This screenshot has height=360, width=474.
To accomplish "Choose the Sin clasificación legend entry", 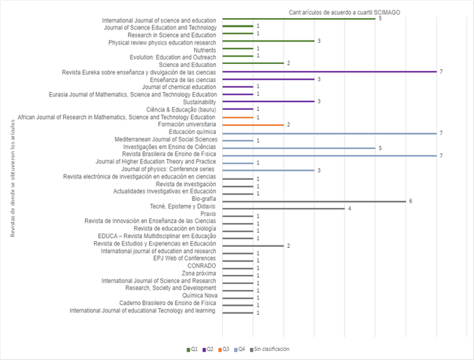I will tap(270, 349).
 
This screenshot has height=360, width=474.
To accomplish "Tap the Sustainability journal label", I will tap(198, 102).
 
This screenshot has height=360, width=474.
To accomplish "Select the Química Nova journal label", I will tap(199, 296).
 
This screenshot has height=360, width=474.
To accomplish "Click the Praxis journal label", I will tap(208, 215).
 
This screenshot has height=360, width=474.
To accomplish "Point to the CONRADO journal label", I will tap(202, 266).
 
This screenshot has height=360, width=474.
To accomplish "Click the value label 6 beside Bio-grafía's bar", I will tap(411, 201).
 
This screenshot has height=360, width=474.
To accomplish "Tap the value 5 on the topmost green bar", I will tap(380, 18).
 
